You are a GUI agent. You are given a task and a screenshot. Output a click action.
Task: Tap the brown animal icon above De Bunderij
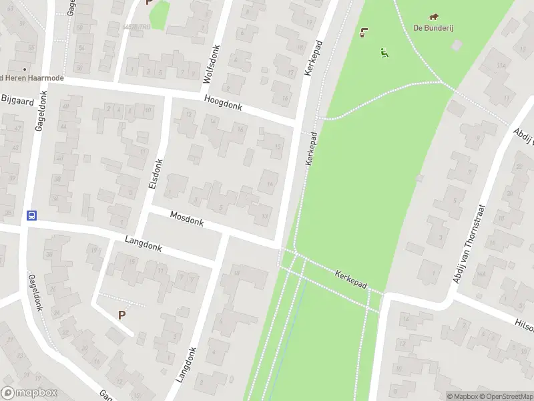434,17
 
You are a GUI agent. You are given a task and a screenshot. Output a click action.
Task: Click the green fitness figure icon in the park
384,51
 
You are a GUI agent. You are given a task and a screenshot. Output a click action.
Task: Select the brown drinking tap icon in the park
364,32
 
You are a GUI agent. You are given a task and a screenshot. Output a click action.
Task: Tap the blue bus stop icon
31,215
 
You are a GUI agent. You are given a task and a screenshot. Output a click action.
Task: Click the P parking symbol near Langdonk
121,315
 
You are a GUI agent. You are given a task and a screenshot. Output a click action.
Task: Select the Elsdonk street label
156,173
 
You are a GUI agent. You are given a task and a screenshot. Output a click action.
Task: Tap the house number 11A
501,66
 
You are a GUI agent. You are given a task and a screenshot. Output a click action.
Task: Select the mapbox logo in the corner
29,393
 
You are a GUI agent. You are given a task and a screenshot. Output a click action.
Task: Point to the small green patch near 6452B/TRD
159,15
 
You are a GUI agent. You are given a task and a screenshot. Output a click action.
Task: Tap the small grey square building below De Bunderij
457,45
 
